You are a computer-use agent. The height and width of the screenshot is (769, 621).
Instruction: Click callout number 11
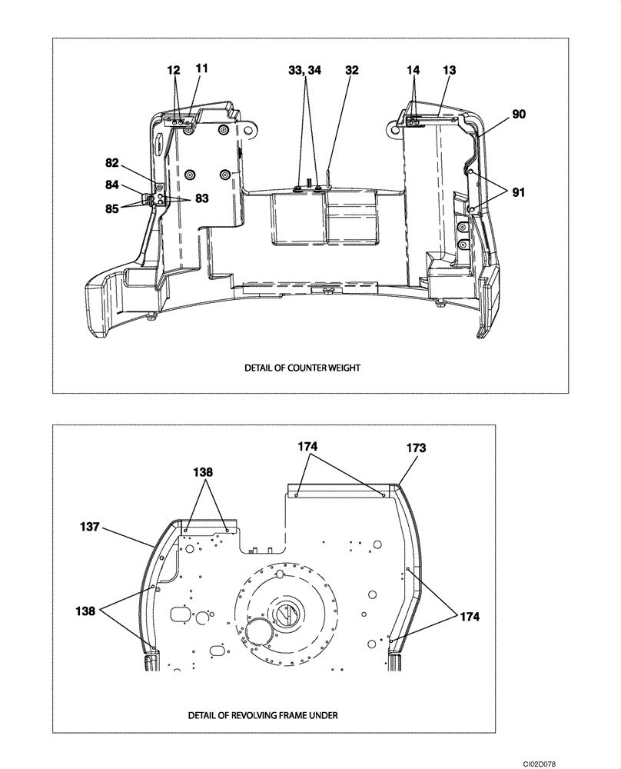point(201,68)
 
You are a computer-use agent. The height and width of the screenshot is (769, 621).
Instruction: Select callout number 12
point(174,69)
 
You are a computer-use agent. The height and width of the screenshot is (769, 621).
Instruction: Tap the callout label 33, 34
point(304,69)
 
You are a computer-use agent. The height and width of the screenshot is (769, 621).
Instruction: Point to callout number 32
point(352,69)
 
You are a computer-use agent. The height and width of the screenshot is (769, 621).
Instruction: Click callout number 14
point(413,69)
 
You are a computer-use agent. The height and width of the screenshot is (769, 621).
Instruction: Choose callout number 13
point(449,69)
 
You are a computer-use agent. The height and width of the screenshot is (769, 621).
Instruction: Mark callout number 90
point(519,114)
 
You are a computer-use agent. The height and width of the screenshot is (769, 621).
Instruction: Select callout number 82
point(113,162)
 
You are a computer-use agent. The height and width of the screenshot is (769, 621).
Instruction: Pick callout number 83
point(201,199)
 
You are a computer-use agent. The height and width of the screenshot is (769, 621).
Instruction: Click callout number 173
point(415,447)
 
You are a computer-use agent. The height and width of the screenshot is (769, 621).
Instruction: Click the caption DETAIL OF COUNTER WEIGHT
point(302,368)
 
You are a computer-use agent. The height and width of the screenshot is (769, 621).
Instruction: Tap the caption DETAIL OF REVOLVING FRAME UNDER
point(262,714)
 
